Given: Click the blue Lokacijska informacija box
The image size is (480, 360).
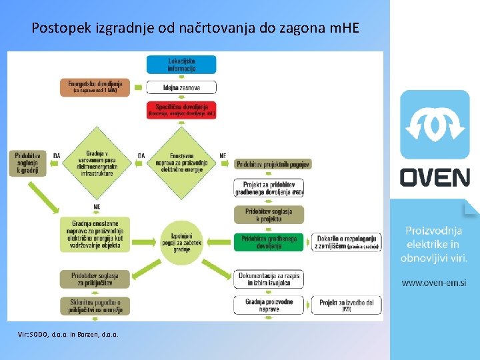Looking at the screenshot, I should (181, 64).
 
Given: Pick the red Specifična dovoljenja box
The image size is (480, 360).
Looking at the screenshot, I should (181, 109).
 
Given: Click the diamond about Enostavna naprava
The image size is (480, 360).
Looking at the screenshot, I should (181, 161).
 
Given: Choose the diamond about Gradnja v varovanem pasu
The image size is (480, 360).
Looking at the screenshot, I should (97, 161).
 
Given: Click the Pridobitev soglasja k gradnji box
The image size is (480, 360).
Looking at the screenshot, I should (29, 163).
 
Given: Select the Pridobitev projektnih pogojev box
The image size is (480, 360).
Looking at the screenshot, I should (273, 164).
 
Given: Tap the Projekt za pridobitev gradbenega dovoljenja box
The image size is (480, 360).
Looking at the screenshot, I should (269, 189).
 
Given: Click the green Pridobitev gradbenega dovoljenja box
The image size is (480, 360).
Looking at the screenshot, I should (269, 241).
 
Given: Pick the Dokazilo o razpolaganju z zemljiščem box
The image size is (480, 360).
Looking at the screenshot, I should (347, 241).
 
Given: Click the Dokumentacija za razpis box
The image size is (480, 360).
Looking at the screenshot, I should (269, 279).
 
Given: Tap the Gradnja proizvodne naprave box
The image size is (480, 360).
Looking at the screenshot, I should (269, 305).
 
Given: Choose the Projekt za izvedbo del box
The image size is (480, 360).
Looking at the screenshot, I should (347, 305).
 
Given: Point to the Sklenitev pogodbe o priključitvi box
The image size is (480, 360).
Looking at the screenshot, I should (95, 305).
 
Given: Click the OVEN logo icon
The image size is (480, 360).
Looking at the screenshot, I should (435, 125).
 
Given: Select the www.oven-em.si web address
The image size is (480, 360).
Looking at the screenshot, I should (434, 283).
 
